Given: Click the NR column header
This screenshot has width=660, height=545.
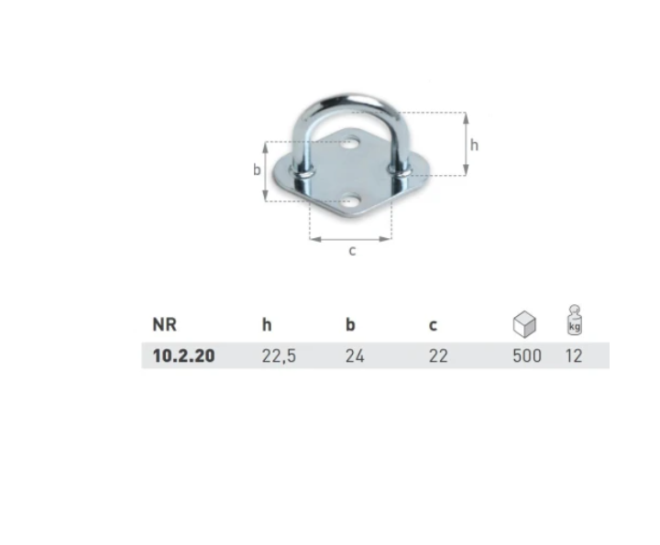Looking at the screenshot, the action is (x=164, y=324).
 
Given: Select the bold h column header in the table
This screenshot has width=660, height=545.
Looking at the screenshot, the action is (x=267, y=324).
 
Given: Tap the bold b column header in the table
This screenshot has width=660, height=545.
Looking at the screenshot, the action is (x=350, y=324).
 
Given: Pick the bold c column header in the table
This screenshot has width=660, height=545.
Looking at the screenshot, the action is (x=433, y=326).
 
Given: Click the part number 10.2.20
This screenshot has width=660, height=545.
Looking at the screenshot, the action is (x=183, y=355).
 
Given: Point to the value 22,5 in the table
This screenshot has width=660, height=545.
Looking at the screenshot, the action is (x=279, y=356).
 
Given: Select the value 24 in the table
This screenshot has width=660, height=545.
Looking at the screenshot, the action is (x=355, y=355).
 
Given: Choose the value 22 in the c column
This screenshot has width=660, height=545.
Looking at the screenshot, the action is (x=438, y=355).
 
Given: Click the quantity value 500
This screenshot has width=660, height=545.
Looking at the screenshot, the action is (x=527, y=355).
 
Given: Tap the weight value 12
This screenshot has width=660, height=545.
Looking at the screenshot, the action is (x=574, y=355).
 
